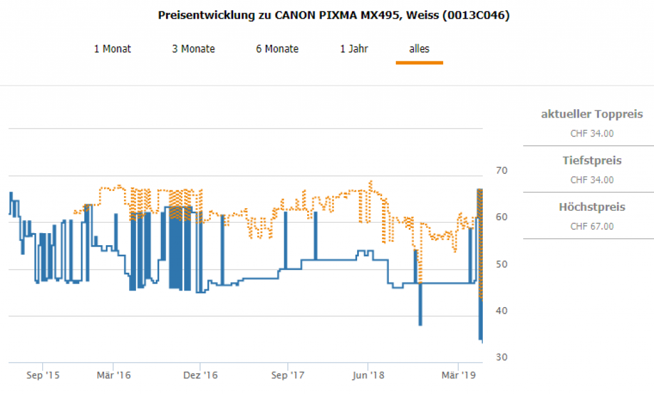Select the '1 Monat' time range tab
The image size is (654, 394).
tap(112, 49)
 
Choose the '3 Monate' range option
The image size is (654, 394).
tap(194, 49)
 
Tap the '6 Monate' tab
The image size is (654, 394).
tap(277, 49)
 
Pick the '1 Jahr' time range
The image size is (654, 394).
tap(354, 49)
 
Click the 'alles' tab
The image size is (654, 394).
tap(419, 49)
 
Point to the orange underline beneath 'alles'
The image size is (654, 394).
tap(419, 63)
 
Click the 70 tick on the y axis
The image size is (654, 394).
tap(501, 170)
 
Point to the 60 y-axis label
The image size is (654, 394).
tap(501, 217)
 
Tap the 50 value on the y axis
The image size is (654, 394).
tap(501, 264)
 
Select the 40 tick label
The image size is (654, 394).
tap(501, 310)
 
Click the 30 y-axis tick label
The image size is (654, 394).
tap(501, 357)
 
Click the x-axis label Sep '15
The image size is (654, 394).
tap(43, 375)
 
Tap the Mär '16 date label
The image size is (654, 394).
tap(113, 375)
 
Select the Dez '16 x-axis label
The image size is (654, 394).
tap(201, 375)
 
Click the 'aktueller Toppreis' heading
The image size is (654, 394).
tap(591, 115)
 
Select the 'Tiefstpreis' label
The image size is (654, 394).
tap(591, 161)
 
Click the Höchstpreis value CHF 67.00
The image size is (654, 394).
tap(591, 226)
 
